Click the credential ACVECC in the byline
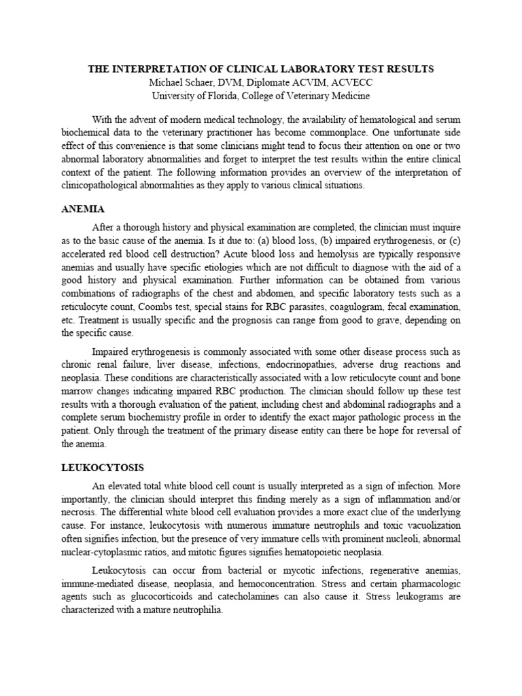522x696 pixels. click(350, 82)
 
